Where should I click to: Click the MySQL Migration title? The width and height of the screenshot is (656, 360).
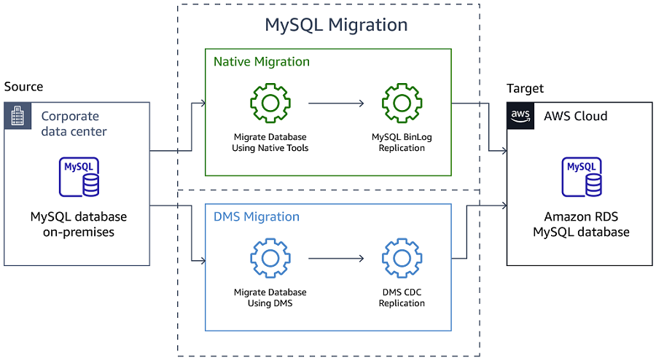(335, 25)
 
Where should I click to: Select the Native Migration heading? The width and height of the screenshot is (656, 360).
(261, 62)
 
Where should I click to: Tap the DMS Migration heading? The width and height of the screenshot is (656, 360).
(256, 216)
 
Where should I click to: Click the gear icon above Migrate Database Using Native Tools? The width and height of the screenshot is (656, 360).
(270, 103)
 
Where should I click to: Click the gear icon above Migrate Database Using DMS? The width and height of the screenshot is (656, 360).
(270, 258)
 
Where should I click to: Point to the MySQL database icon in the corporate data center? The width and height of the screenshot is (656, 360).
(79, 177)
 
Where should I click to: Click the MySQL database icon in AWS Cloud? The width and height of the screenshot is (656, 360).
(581, 177)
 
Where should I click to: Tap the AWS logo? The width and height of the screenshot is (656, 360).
(520, 116)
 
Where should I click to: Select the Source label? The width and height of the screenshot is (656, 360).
(23, 87)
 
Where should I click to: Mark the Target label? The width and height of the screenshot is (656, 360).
(525, 88)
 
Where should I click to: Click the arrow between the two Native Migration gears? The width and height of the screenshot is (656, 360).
(336, 103)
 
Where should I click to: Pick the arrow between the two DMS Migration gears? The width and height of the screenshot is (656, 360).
(336, 258)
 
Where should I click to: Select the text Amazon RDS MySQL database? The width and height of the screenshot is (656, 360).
(581, 224)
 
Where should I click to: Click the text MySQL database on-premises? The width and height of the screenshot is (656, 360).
(79, 224)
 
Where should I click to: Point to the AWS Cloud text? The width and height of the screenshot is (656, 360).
(575, 116)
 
